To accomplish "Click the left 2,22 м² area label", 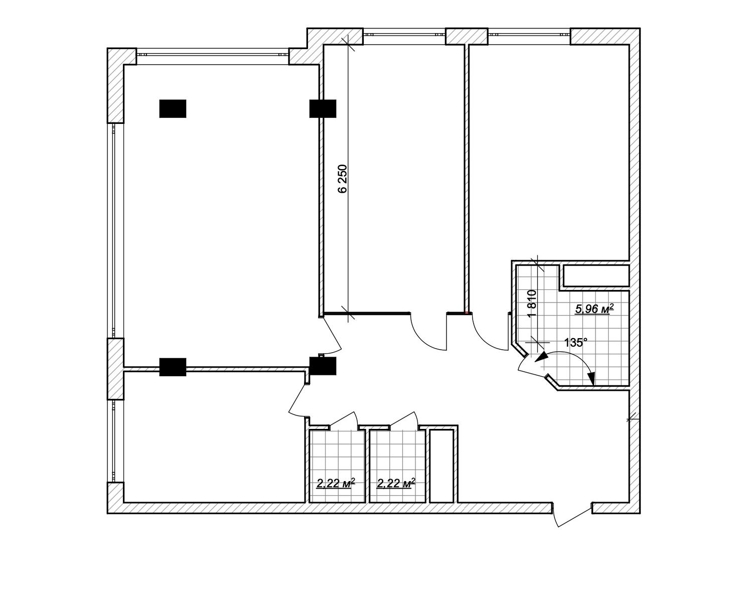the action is click(336, 483).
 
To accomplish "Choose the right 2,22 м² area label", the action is click(396, 483).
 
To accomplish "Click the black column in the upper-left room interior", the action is click(173, 108).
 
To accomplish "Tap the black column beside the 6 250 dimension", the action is click(323, 108).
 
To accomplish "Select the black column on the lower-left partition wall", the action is click(173, 367).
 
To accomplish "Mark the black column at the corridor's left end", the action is click(323, 366).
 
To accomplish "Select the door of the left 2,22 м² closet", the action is click(342, 419).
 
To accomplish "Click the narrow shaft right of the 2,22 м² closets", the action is click(442, 466).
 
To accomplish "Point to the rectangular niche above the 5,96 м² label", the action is click(596, 276).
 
